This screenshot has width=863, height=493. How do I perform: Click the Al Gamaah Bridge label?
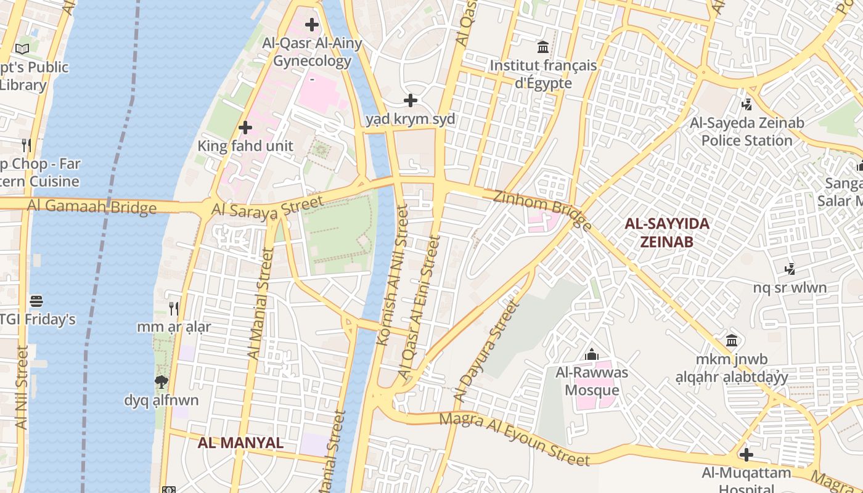coord(92,206)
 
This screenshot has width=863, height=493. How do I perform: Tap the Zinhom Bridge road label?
coord(542,210)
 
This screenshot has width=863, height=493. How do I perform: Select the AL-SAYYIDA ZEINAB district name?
coord(667,232)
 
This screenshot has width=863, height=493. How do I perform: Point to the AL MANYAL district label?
coord(240,442)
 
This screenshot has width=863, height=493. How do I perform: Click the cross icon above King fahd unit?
coord(245,128)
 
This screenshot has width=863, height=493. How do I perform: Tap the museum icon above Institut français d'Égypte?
coord(543,47)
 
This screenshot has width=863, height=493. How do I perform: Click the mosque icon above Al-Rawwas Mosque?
coord(591,354)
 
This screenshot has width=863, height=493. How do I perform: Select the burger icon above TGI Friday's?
coord(36,301)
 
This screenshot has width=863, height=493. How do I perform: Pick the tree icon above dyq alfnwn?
coord(162,382)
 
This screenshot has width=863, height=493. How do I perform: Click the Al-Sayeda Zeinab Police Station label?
coord(746,131)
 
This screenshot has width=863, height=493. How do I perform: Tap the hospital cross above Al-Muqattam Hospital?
coord(746,455)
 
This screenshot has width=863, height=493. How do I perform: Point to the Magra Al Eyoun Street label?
coord(514,439)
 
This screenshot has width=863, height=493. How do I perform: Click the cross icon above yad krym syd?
coord(410,100)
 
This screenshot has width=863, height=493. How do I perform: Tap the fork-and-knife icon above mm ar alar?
coord(174,308)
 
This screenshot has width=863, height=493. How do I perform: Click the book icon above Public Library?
coord(23,49)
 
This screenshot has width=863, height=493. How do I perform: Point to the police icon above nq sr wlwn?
coord(790,269)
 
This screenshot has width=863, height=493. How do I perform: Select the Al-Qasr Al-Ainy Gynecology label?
coord(312,52)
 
